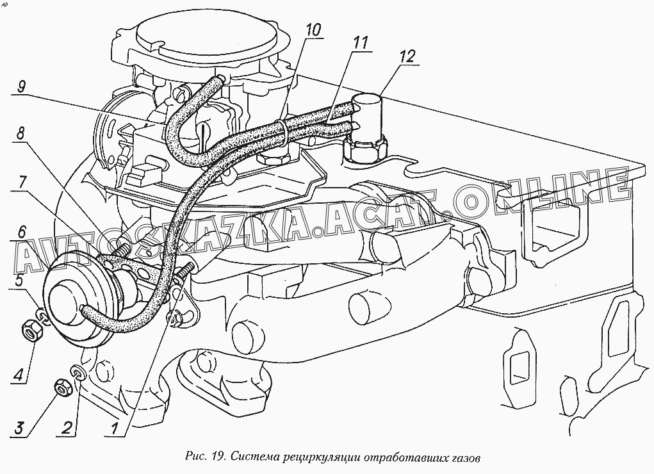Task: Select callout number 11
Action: pos(361,44)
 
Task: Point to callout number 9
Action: pos(21,86)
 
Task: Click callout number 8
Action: pos(21,134)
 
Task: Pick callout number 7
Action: pos(21,182)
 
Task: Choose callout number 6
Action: pos(21,230)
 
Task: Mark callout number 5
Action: pos(20,279)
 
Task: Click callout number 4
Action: pos(20,375)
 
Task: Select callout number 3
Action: pos(20,427)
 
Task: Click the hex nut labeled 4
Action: pos(31,331)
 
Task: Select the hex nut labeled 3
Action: pos(63,388)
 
